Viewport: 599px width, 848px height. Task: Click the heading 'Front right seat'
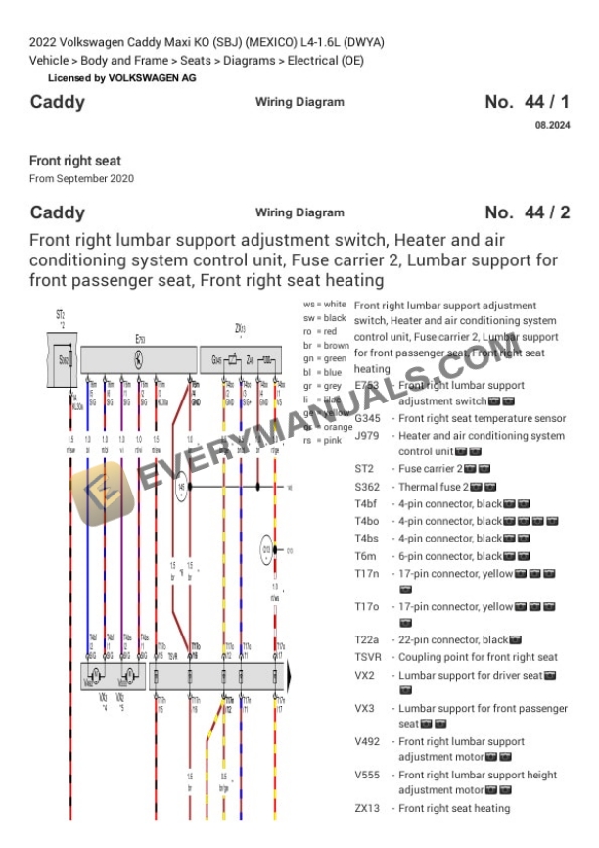pyautogui.click(x=75, y=160)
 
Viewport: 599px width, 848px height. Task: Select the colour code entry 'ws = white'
pyautogui.click(x=325, y=306)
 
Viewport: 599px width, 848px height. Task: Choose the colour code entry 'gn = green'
pyautogui.click(x=325, y=358)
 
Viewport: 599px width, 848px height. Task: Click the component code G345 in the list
pyautogui.click(x=369, y=418)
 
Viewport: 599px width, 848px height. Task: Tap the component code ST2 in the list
pyautogui.click(x=364, y=469)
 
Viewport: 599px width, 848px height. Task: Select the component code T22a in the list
pyautogui.click(x=368, y=639)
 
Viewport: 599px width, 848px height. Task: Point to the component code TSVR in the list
pyautogui.click(x=369, y=657)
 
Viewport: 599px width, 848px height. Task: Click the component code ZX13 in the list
pyautogui.click(x=369, y=808)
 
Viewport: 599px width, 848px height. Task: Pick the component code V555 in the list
pyautogui.click(x=369, y=774)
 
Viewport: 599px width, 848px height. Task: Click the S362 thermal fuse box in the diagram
pyautogui.click(x=63, y=359)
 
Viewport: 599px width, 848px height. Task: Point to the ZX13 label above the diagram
pyautogui.click(x=240, y=328)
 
